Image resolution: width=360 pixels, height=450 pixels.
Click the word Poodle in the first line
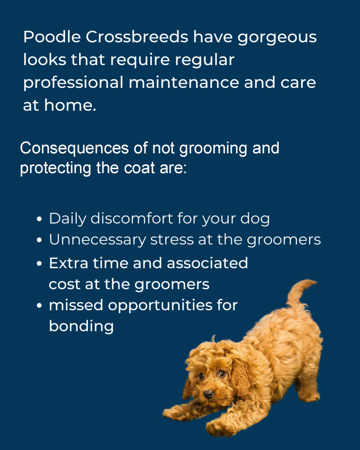point(52,37)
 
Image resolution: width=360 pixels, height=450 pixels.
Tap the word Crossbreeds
point(137,37)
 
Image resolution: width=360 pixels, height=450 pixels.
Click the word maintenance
point(184,82)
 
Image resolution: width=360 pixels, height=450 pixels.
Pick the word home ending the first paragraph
point(70,105)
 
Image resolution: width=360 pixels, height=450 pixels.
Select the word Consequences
point(74,149)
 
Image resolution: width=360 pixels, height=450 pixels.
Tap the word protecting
point(56,168)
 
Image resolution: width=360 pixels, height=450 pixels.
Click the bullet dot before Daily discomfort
point(40,219)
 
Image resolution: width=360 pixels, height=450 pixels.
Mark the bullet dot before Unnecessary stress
point(40,240)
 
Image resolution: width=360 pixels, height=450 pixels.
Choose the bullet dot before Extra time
point(40,264)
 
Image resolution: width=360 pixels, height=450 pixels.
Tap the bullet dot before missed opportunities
point(40,305)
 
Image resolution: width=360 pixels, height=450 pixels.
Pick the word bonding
point(81,327)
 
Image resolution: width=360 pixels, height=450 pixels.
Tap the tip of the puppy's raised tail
point(316,282)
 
